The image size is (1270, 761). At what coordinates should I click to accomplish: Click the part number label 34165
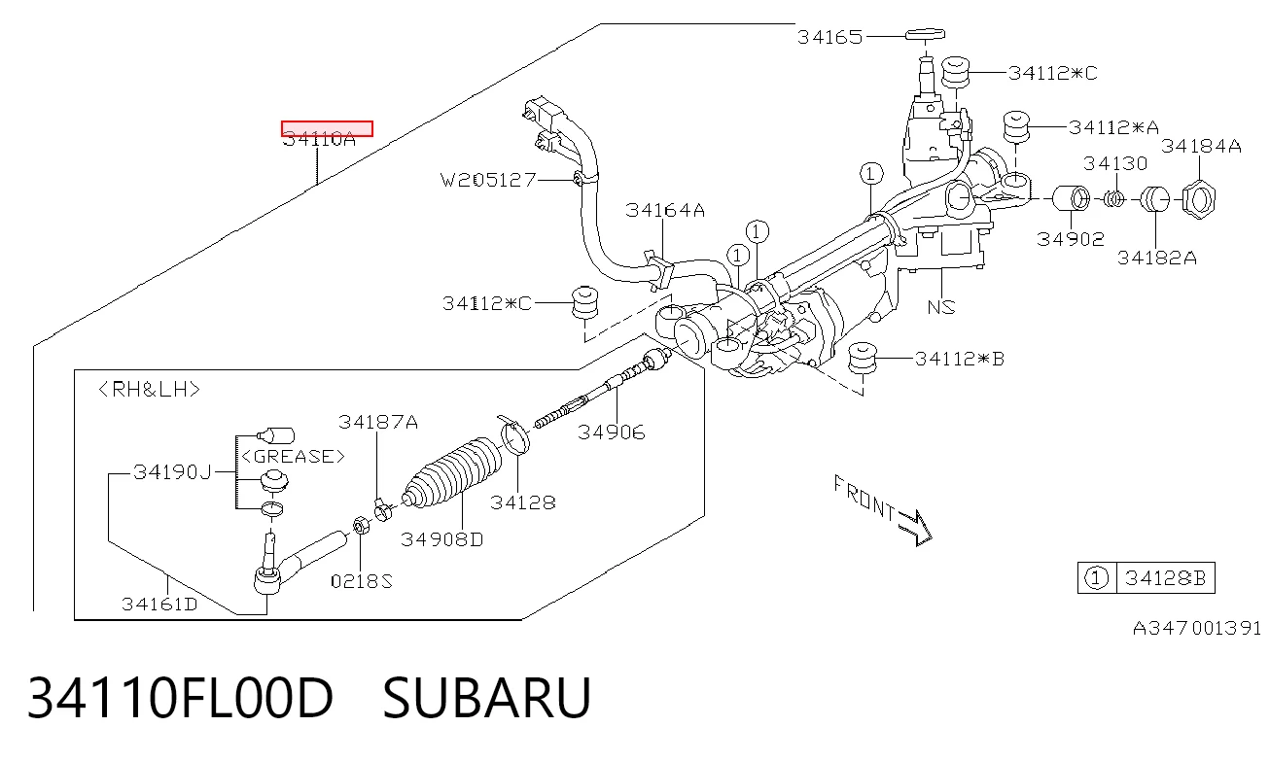tap(829, 37)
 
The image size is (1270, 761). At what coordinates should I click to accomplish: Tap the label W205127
tap(488, 180)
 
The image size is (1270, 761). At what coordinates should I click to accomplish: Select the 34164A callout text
tap(665, 210)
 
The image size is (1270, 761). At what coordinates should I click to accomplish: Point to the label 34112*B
tap(960, 359)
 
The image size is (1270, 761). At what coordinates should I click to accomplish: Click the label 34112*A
tap(1113, 127)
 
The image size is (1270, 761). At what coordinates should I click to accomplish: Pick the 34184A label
tap(1201, 146)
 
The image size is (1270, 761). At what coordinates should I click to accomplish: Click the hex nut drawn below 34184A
tap(1199, 200)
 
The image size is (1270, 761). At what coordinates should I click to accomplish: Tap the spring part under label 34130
tap(1115, 199)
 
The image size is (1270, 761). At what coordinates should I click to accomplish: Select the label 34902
tap(1071, 239)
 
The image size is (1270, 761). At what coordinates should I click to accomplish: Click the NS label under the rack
tap(941, 307)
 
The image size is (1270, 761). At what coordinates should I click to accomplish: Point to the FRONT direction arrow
tap(915, 527)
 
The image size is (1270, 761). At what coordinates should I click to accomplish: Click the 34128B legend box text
tap(1165, 578)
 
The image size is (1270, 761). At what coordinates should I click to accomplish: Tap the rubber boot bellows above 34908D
tap(453, 473)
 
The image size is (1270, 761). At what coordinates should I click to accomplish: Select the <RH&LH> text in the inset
tap(150, 390)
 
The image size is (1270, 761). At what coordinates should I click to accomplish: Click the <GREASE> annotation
tap(293, 456)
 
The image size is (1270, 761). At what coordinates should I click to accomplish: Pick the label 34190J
tap(172, 472)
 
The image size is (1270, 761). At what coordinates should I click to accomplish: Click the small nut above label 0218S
tap(361, 526)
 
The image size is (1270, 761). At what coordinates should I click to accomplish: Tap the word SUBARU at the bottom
tap(487, 698)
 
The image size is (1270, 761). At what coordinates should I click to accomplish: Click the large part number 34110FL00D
tap(180, 698)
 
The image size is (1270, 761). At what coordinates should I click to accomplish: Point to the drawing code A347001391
tap(1196, 629)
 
